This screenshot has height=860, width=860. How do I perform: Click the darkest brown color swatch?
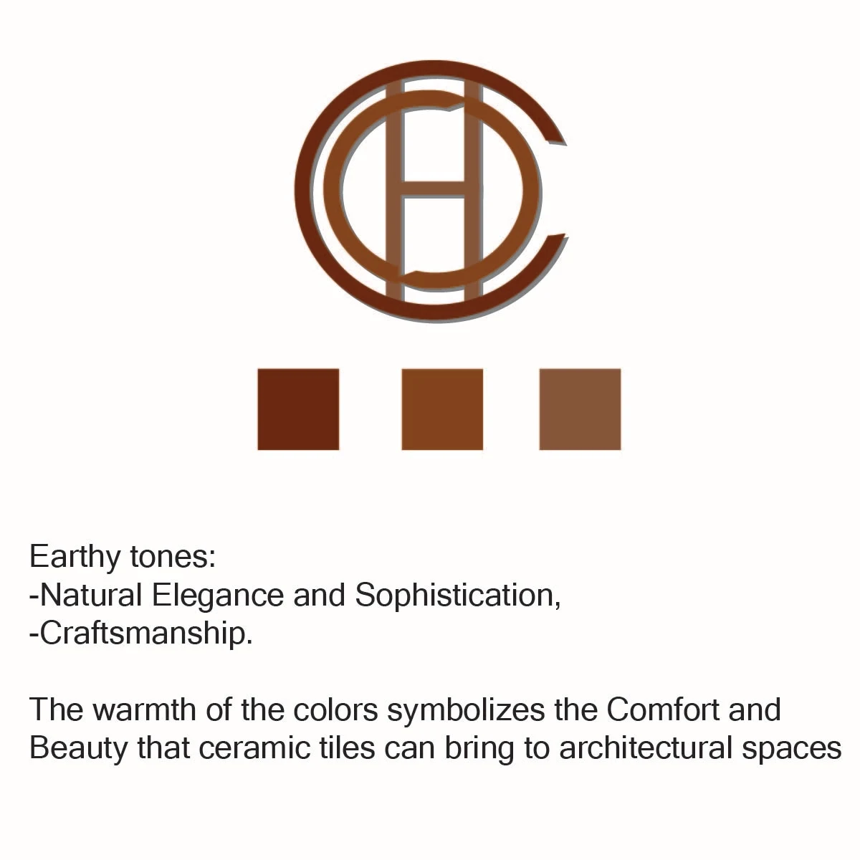[x=298, y=408]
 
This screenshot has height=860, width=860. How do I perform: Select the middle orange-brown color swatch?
[x=442, y=408]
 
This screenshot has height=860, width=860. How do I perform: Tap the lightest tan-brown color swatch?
[x=580, y=408]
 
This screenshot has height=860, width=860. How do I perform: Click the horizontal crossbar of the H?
[x=434, y=189]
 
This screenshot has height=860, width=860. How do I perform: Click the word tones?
[x=173, y=558]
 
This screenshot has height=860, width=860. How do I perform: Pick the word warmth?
[x=144, y=710]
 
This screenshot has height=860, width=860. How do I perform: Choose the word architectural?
[x=646, y=749]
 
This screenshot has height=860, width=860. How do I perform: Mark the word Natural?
[x=91, y=596]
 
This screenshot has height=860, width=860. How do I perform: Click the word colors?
[x=335, y=709]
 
